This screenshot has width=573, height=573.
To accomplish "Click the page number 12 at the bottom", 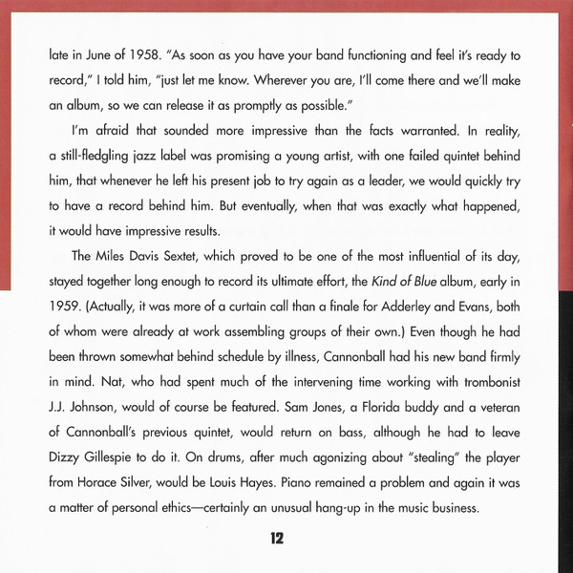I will [x=277, y=538].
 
